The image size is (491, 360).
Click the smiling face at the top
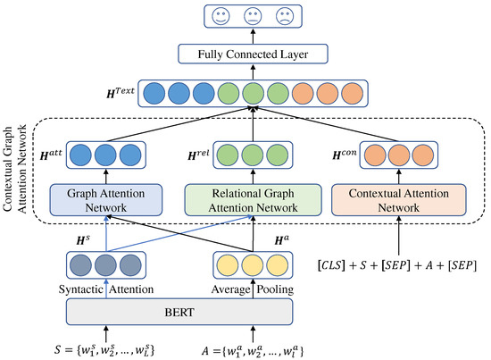[220, 16]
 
